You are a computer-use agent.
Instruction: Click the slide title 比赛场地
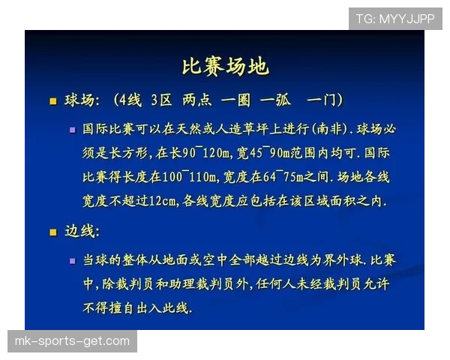(225, 66)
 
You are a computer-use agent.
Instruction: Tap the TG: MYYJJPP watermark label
(395, 18)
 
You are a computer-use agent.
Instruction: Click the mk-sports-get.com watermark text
(72, 341)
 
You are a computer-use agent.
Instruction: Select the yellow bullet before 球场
(52, 100)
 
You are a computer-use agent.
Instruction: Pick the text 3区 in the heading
(163, 100)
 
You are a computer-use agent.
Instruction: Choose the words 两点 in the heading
(197, 100)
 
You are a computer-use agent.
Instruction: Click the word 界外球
(341, 260)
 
